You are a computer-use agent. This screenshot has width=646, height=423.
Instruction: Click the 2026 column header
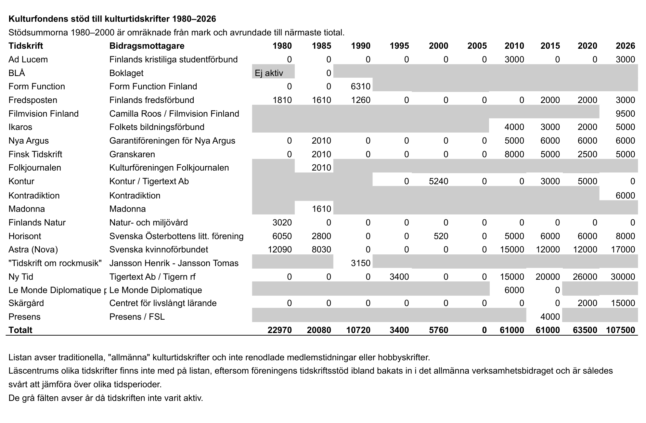click(x=625, y=46)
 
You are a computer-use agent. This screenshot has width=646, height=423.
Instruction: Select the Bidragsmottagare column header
click(x=147, y=46)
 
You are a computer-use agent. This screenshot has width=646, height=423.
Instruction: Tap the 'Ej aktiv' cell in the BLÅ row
click(x=269, y=73)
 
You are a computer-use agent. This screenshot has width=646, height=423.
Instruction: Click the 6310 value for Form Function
click(x=361, y=86)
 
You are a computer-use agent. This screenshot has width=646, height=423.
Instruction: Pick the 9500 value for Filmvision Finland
click(x=625, y=114)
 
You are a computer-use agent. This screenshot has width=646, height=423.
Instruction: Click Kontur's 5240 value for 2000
click(x=438, y=181)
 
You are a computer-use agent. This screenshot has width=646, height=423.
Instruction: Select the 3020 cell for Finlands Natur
click(x=282, y=223)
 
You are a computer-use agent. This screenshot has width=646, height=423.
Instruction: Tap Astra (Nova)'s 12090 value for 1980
click(x=280, y=250)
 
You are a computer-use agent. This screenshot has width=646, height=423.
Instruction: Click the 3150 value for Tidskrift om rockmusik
click(x=361, y=263)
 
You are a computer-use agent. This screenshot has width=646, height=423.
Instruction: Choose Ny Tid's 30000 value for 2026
click(x=623, y=277)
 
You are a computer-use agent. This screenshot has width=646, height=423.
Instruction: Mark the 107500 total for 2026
click(x=620, y=330)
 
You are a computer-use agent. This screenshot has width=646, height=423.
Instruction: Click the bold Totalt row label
click(x=20, y=330)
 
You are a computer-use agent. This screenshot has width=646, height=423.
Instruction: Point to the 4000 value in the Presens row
click(x=550, y=317)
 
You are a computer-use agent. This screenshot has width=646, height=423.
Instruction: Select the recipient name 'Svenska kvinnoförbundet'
click(x=159, y=250)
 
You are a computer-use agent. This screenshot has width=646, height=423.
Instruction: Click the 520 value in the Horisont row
click(x=441, y=236)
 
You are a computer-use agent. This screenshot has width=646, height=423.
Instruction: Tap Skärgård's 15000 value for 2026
click(x=623, y=303)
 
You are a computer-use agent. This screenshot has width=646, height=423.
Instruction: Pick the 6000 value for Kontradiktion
click(x=625, y=196)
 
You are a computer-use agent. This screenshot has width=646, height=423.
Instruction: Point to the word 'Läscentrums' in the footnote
click(x=34, y=371)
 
